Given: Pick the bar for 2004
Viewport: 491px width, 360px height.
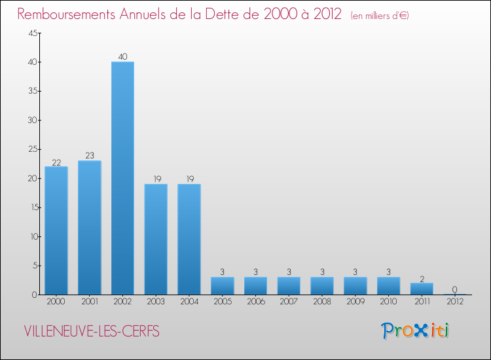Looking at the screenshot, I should click(189, 239).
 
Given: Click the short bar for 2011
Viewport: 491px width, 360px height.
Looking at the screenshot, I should click(422, 289).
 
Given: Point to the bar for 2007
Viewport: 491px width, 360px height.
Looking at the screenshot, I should click(289, 286).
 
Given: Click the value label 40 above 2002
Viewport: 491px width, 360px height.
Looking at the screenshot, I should click(122, 57).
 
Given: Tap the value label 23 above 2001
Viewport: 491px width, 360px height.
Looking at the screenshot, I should click(90, 156).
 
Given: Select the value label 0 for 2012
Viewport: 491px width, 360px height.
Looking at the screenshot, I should click(455, 290).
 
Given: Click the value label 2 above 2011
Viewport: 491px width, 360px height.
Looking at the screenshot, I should click(422, 278).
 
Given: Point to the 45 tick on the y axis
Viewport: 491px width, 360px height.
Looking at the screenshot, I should click(33, 33).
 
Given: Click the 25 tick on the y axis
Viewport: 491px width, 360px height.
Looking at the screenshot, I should click(33, 149).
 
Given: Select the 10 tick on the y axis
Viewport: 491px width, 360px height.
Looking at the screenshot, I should click(33, 236).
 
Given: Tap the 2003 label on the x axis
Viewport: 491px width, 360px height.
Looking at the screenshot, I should click(156, 302).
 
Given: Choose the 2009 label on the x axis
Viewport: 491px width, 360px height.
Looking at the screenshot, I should click(355, 302).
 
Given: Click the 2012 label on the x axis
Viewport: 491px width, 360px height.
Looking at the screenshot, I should click(455, 302).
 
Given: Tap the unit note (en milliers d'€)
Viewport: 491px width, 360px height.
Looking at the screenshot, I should click(380, 16).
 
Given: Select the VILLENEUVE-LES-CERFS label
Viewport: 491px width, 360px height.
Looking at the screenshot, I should click(92, 331).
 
